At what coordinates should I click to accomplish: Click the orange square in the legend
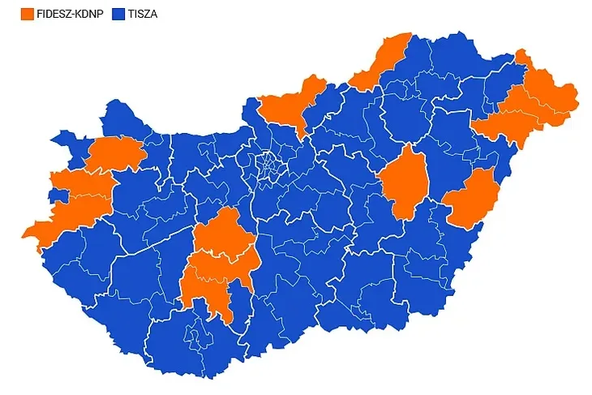point(27,14)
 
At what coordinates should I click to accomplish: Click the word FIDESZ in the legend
point(54,14)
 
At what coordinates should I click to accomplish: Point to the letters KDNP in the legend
point(90,14)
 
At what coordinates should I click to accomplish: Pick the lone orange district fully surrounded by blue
point(404,182)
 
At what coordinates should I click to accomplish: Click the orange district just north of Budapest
point(288,105)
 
